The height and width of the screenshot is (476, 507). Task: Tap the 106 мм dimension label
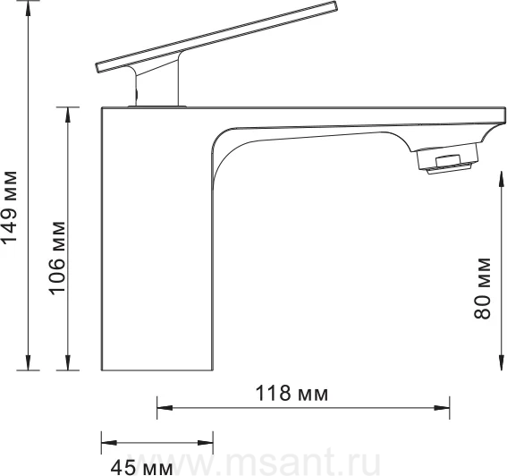57,259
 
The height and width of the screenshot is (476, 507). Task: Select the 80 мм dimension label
482,288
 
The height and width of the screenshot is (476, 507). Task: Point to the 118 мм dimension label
292,393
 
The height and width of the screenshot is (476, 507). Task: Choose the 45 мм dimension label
141,468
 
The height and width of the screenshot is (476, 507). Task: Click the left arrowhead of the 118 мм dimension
165,407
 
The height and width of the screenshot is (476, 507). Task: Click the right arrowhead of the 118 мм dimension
442,408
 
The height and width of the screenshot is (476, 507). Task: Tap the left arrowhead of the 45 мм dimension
109,443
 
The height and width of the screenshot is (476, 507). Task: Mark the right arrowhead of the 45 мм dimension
205,443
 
